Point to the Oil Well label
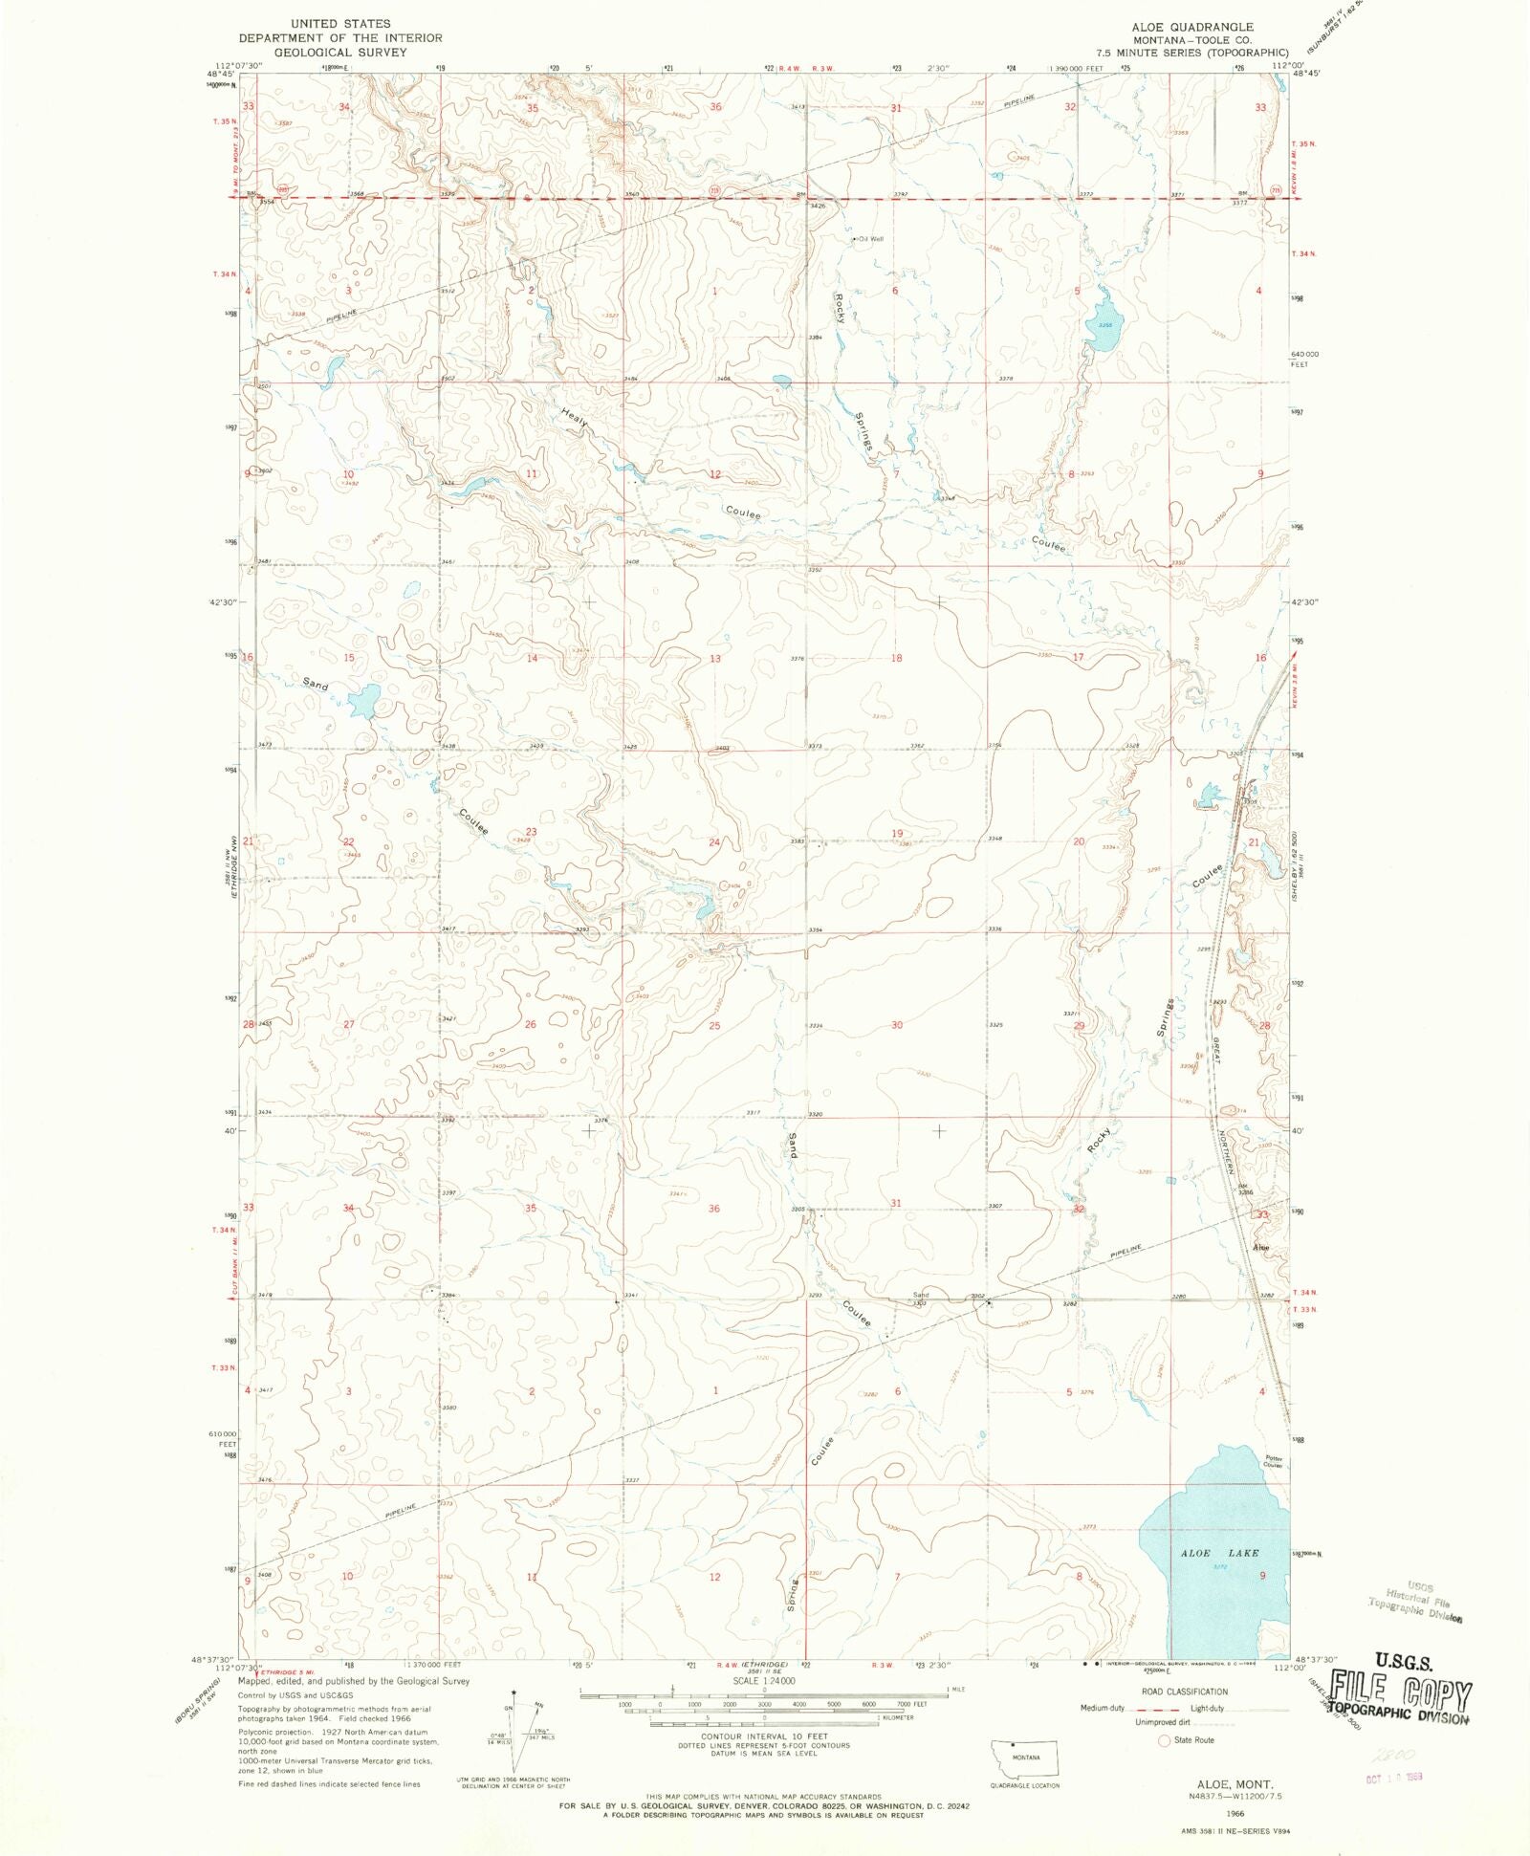point(870,239)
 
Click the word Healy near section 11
point(574,418)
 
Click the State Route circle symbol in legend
point(1164,1740)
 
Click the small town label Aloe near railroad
point(1261,1247)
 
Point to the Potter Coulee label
point(1272,1461)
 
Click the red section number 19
point(896,834)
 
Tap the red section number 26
point(530,1024)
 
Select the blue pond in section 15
point(363,701)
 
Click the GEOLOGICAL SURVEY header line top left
point(339,53)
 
